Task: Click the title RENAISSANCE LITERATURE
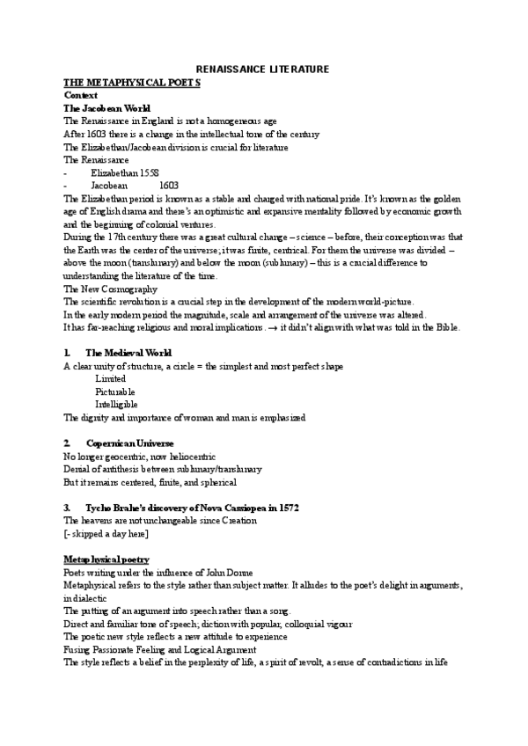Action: [262, 69]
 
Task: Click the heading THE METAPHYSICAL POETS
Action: [132, 81]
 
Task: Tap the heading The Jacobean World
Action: [100, 107]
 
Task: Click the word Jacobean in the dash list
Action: [109, 186]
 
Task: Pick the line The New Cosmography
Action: [111, 289]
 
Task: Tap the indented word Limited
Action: [110, 379]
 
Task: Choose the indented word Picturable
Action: [115, 391]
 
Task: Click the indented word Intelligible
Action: [117, 405]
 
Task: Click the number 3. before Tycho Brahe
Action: [68, 508]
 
